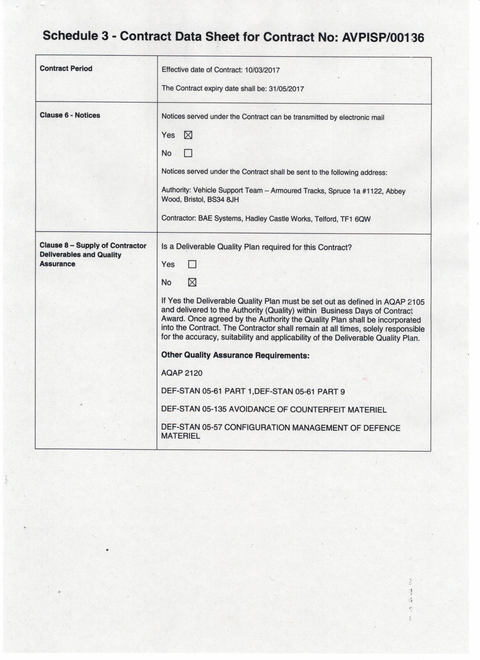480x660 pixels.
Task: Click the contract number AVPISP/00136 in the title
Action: click(383, 37)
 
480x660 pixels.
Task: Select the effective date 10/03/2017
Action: click(262, 70)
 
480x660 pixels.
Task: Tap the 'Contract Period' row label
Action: click(66, 69)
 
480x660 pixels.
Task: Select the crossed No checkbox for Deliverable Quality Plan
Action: click(192, 282)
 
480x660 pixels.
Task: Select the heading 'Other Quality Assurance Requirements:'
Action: click(235, 355)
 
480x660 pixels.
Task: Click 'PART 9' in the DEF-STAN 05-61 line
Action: click(331, 392)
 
